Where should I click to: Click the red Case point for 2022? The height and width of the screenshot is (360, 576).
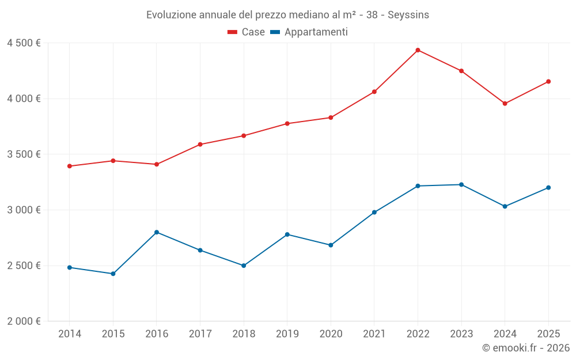coord(418,50)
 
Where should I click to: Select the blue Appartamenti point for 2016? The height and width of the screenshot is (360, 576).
coord(157,232)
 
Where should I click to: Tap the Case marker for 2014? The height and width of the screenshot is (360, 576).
coord(70,166)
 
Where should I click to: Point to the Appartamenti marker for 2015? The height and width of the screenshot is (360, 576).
coord(113,274)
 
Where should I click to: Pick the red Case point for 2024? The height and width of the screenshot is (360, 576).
coord(505,104)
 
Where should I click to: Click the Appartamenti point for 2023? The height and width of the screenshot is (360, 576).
coord(461,184)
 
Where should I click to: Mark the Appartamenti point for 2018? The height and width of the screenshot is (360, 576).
coord(244,266)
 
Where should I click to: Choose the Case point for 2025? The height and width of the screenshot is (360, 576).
coord(548,81)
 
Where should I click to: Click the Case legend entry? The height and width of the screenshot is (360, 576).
coord(247,32)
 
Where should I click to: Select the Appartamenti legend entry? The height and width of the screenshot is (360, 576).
coord(309,32)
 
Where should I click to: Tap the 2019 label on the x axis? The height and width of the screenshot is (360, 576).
coord(287,334)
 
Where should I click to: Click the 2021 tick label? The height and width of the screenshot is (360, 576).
coord(374,334)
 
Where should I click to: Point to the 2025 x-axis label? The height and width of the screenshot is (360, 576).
coord(548,334)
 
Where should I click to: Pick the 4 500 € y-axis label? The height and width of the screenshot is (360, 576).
coord(24,43)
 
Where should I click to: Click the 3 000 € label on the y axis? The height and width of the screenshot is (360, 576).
coord(24,210)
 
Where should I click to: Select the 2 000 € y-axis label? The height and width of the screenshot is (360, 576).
coord(24,321)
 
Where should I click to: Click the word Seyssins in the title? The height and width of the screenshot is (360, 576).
coord(408,15)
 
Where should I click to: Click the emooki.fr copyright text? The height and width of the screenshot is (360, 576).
coord(526,348)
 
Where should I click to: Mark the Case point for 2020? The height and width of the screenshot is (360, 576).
coord(331,118)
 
